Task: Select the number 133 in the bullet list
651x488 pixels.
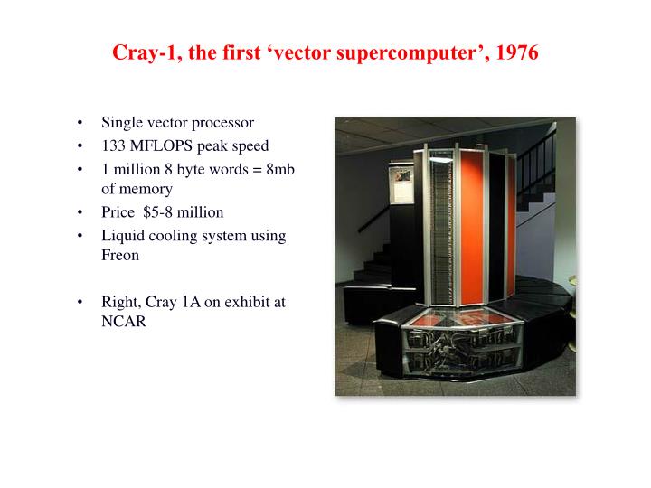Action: [113, 145]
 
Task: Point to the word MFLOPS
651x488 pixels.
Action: [161, 145]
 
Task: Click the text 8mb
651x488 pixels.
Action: [280, 169]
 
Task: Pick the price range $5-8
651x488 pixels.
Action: [157, 212]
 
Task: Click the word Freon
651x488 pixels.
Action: [120, 255]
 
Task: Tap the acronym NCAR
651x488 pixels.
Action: [124, 321]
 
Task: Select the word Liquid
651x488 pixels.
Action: [123, 236]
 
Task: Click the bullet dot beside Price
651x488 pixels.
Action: [80, 212]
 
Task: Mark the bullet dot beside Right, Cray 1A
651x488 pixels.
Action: [80, 302]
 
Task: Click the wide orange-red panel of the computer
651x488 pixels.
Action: [473, 228]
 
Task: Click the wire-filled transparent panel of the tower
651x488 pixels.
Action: [440, 228]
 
